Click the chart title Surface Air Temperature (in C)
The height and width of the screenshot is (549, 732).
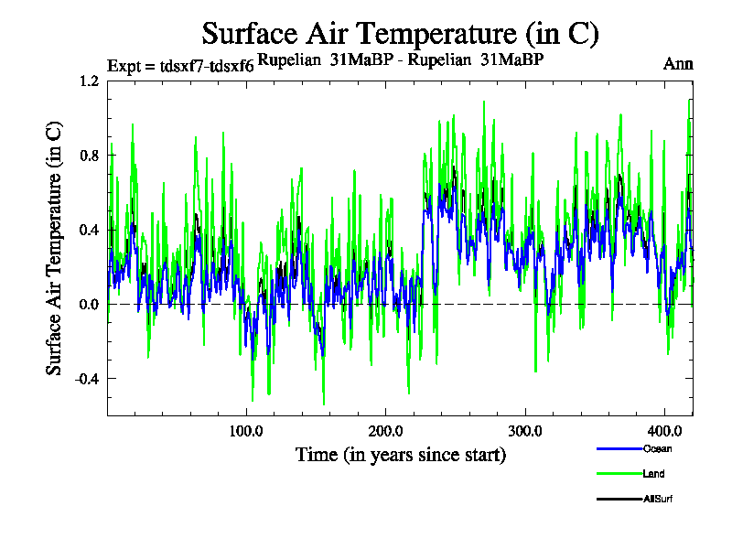400,34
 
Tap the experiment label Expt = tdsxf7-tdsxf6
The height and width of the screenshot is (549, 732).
180,65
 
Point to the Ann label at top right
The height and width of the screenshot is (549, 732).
678,64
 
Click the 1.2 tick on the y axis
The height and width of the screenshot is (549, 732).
89,81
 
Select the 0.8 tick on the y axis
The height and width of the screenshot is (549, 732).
89,155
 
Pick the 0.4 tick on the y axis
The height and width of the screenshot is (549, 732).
89,230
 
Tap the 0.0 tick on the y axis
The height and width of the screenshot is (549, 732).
89,304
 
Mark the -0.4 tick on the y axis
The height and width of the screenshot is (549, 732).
87,379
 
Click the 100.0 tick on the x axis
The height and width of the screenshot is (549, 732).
246,430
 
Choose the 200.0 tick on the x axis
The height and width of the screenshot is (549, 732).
385,430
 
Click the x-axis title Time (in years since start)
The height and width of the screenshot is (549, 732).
401,454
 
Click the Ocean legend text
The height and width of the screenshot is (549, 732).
656,449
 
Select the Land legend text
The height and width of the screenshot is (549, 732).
653,474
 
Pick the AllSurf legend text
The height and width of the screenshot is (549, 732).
658,499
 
